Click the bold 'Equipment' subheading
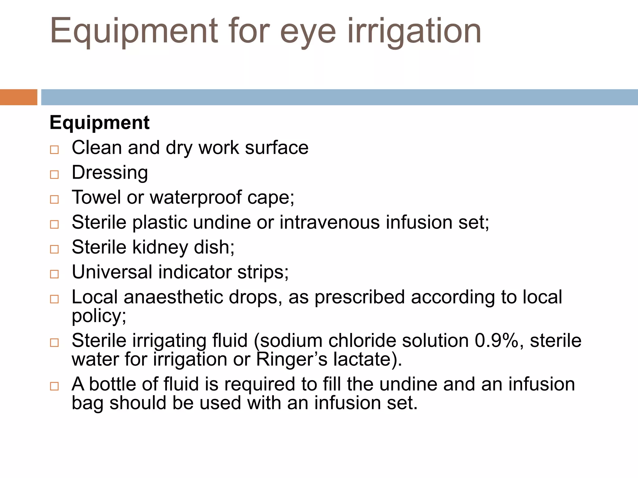click(x=99, y=123)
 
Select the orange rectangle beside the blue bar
click(x=18, y=97)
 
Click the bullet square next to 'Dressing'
click(x=54, y=175)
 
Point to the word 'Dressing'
click(x=110, y=173)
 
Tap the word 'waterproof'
click(x=196, y=198)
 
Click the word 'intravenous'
click(x=330, y=223)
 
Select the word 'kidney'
click(x=160, y=247)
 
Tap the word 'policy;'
click(x=99, y=316)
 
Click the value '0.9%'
click(x=497, y=341)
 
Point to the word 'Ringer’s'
click(x=292, y=359)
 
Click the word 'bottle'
click(x=113, y=384)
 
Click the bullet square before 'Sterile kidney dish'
click(x=54, y=249)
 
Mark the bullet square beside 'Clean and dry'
click(x=54, y=150)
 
